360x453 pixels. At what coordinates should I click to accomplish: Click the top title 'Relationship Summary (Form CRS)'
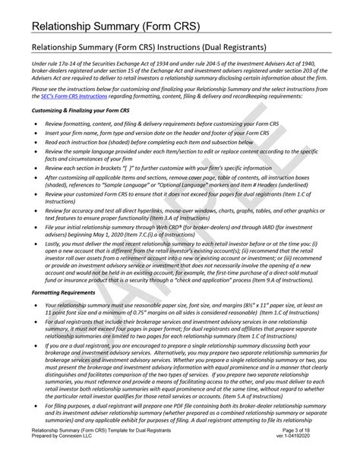click(x=106, y=29)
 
